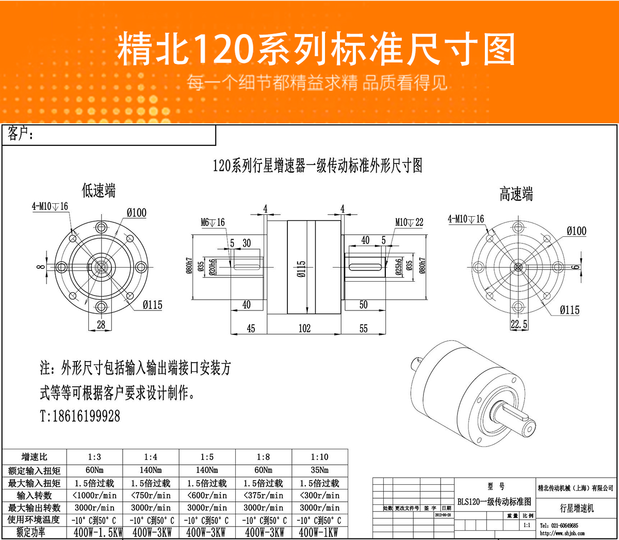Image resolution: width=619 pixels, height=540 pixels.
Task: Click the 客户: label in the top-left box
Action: (21, 135)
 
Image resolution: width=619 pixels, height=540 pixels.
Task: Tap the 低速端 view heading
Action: (99, 191)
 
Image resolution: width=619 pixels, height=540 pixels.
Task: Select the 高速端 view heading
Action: (516, 194)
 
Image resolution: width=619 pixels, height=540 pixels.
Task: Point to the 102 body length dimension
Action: (305, 329)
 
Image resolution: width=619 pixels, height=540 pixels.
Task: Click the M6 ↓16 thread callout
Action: (213, 222)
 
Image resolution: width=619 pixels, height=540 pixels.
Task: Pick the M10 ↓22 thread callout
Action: (409, 222)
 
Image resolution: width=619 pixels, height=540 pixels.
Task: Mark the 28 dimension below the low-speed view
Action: (101, 324)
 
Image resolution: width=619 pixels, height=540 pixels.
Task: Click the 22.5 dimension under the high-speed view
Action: (519, 324)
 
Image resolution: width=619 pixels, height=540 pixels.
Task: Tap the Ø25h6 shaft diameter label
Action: (399, 267)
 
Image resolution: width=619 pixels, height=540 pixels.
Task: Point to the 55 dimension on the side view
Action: (363, 329)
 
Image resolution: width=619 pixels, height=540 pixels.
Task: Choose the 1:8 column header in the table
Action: (263, 457)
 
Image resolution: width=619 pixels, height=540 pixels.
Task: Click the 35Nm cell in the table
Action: (319, 470)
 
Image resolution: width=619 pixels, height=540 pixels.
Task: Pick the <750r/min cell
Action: (150, 495)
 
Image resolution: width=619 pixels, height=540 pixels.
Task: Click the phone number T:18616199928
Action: (80, 416)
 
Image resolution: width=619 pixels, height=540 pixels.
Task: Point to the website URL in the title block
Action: (562, 533)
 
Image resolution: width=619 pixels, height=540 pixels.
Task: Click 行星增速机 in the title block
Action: (577, 508)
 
